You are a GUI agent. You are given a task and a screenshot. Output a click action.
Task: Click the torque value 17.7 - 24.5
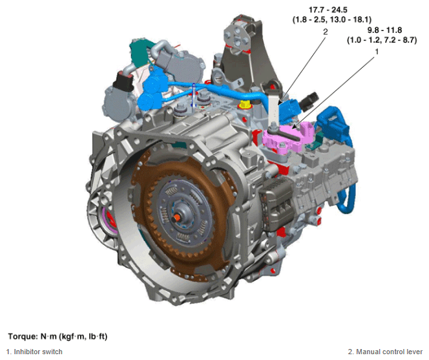tap(328, 10)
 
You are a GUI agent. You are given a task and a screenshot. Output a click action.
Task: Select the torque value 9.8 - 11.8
tap(384, 30)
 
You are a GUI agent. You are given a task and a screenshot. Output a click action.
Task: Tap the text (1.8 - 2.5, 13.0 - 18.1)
tap(332, 19)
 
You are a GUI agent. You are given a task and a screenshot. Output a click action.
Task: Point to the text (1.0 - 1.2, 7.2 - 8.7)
tap(382, 40)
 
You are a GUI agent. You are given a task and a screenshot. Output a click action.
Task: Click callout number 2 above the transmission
tap(326, 32)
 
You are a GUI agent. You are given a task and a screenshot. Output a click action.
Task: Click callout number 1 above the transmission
tap(377, 52)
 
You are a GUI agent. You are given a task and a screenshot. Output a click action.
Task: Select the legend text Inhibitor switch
tap(38, 352)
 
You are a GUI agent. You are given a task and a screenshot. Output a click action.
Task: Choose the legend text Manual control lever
tap(389, 352)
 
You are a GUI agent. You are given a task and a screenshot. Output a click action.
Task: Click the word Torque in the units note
tap(23, 336)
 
